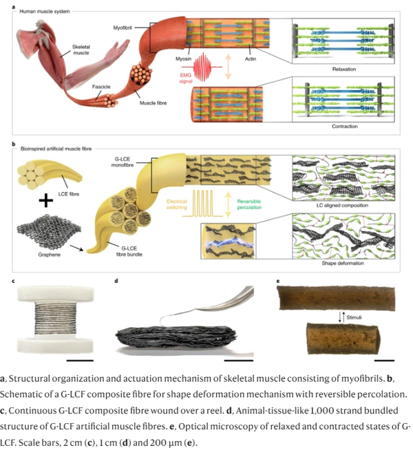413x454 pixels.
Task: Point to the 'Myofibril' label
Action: (125, 27)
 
